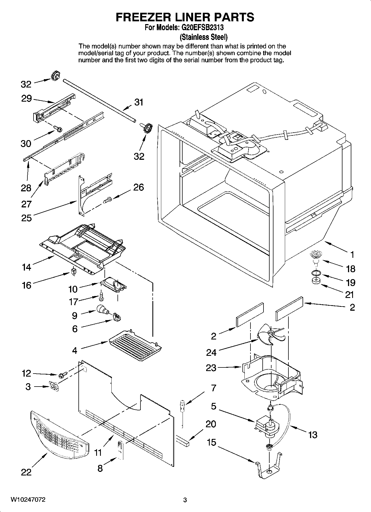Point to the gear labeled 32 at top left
click(56, 76)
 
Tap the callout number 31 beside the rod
click(139, 102)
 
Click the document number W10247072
click(28, 500)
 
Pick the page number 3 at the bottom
click(185, 500)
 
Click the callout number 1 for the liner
click(352, 254)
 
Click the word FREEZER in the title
click(140, 17)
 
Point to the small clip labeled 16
click(74, 272)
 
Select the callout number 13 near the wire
click(313, 435)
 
